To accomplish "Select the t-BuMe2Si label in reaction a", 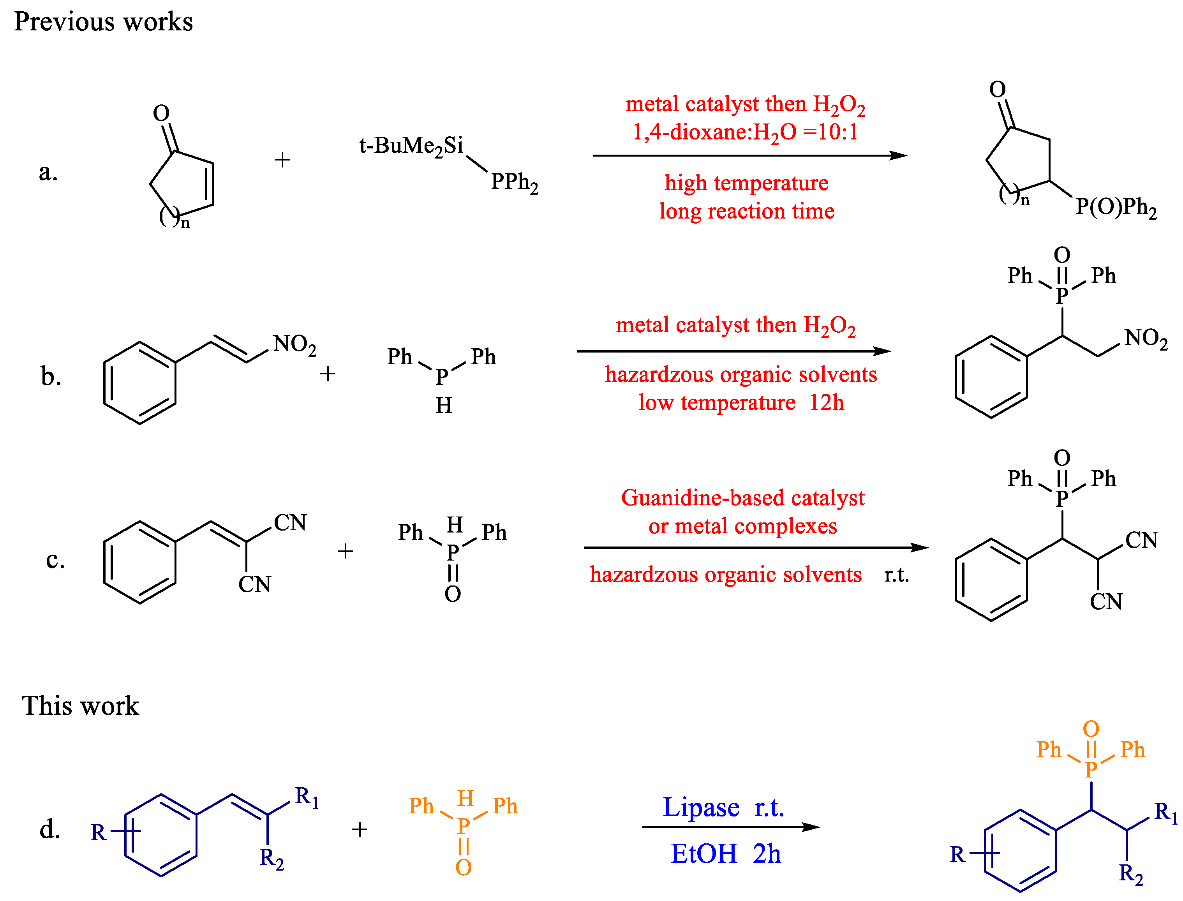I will click(x=411, y=146).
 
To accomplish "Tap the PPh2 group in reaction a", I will click(x=514, y=183).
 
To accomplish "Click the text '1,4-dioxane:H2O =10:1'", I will click(x=746, y=132).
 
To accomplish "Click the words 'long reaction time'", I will click(x=746, y=211).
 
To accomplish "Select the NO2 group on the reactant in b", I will click(x=294, y=344).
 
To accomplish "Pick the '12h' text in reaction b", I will click(x=826, y=403).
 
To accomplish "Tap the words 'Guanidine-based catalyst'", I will click(x=743, y=498).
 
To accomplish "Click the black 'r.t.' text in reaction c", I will click(x=896, y=575).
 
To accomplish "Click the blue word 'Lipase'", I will click(x=701, y=808).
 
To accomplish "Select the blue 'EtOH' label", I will click(x=703, y=854).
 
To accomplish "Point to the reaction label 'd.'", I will click(x=50, y=830).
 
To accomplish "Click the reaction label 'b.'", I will click(x=51, y=377).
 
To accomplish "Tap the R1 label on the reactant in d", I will click(x=307, y=797).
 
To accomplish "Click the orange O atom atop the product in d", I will click(x=1091, y=729).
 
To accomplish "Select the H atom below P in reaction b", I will click(x=444, y=406).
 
